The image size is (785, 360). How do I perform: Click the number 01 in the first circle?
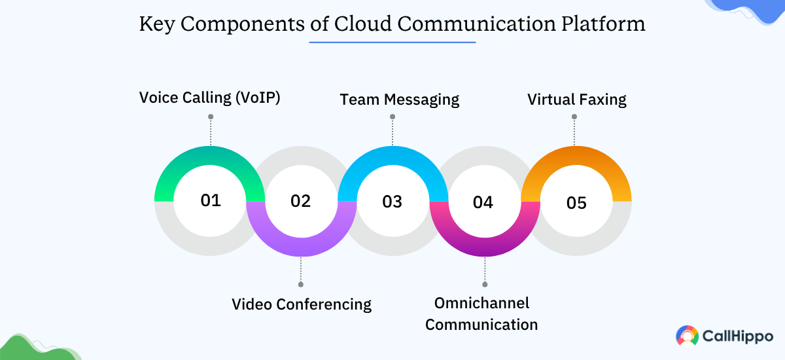tap(211, 200)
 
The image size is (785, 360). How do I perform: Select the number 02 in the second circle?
tap(301, 201)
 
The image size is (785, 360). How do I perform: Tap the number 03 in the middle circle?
tap(392, 201)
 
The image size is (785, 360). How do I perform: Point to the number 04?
tap(483, 202)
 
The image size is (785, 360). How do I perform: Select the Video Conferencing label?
tap(302, 304)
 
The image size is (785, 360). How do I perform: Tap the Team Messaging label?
tap(399, 99)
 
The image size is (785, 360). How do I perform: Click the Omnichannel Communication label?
tap(481, 314)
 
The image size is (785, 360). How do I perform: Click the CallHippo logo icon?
tap(687, 336)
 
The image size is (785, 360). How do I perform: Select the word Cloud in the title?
tap(362, 24)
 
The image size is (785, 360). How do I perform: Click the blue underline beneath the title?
tap(392, 43)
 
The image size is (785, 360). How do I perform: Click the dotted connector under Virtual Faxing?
tap(574, 131)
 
